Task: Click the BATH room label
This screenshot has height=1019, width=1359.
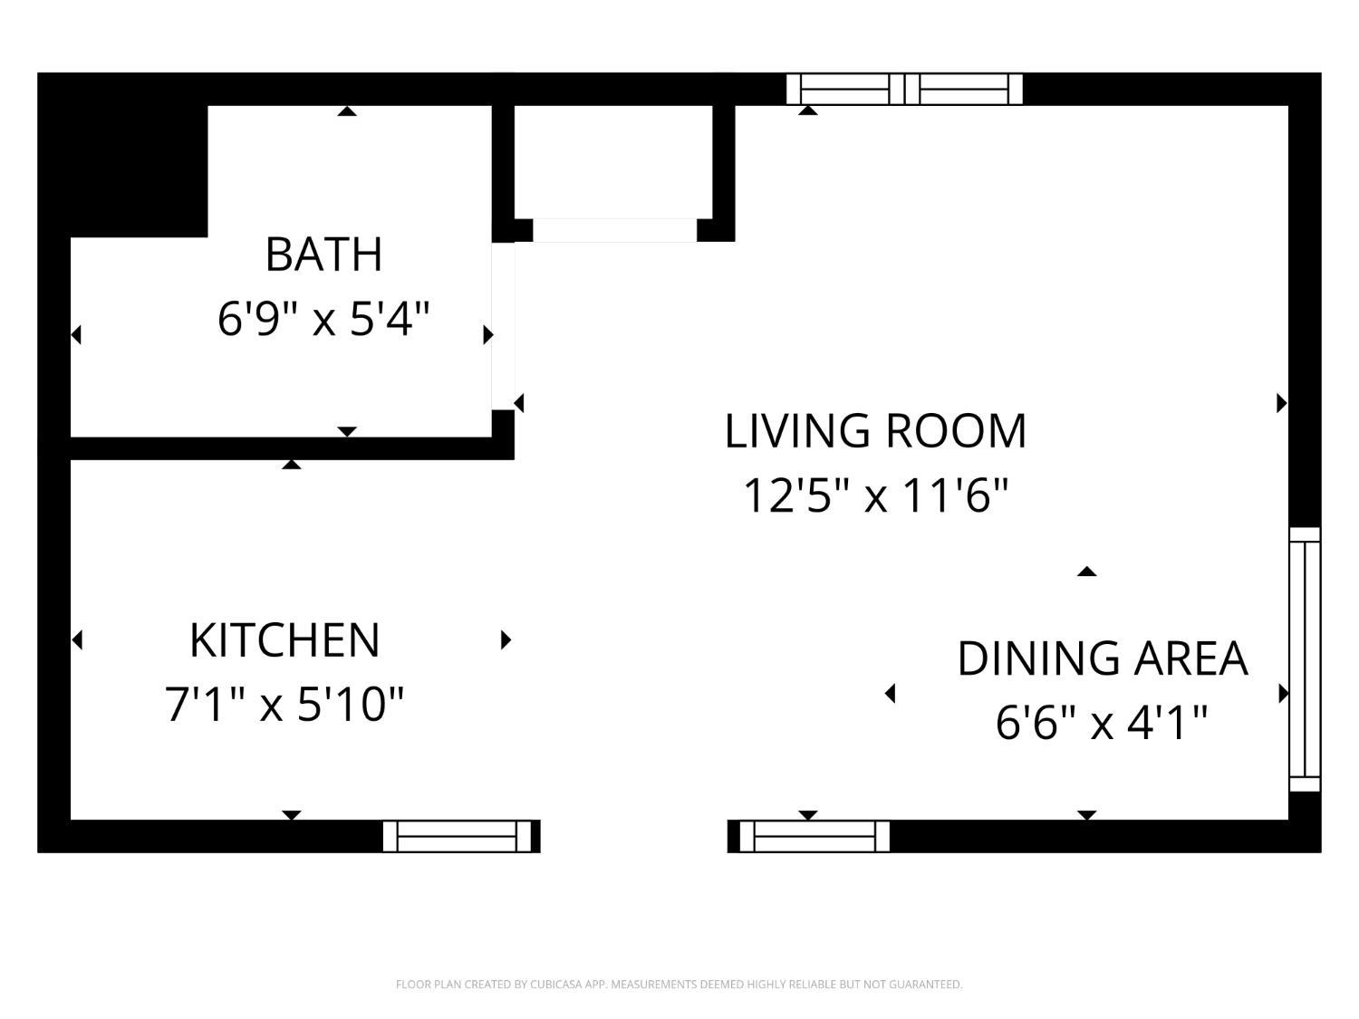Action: (x=323, y=255)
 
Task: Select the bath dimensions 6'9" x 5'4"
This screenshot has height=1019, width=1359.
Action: (x=323, y=319)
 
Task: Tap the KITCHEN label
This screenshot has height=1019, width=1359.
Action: (x=284, y=640)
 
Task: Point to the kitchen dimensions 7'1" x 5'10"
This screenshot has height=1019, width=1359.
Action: (x=284, y=705)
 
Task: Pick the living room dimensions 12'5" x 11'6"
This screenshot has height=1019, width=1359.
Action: (x=875, y=495)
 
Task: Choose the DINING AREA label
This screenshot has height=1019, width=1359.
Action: (x=1103, y=659)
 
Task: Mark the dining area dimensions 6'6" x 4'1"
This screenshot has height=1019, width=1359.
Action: (x=1103, y=723)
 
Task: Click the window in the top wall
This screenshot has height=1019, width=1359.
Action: (x=904, y=89)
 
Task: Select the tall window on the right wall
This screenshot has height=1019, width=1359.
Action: (x=1306, y=659)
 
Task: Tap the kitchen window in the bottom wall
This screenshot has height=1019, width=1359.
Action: (x=458, y=836)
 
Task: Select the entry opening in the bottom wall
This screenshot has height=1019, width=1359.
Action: (x=634, y=836)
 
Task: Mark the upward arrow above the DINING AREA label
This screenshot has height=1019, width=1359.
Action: (x=1086, y=572)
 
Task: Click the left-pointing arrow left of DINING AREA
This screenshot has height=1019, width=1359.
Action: (x=891, y=694)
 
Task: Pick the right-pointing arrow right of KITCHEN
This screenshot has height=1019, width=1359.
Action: (x=506, y=639)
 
